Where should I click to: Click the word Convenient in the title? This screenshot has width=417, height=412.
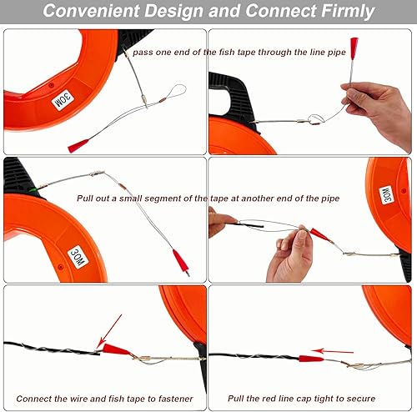click(91, 11)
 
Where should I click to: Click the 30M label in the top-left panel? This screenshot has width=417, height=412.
click(63, 100)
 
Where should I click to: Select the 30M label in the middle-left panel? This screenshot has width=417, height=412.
click(78, 257)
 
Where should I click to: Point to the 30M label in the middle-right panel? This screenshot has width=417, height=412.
click(387, 195)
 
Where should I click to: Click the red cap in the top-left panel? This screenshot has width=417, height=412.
click(78, 146)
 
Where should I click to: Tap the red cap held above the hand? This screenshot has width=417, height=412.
click(354, 48)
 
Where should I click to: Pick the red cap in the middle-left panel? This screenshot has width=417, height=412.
click(181, 262)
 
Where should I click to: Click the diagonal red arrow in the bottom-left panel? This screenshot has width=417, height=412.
click(109, 331)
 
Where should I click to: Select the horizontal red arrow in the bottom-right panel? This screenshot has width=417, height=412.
click(333, 351)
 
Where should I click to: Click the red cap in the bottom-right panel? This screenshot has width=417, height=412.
click(311, 359)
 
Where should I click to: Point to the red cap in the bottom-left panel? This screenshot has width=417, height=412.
click(116, 349)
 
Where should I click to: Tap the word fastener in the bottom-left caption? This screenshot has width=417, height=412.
click(176, 399)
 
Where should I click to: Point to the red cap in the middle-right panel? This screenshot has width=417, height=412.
click(320, 235)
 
